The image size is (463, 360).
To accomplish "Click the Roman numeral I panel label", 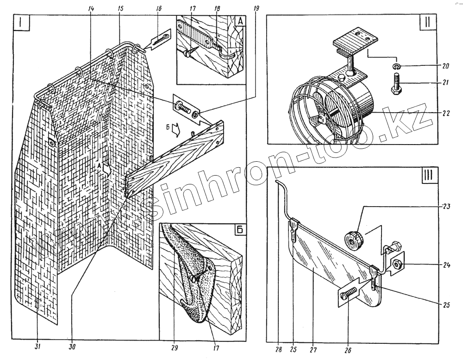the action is (x=22, y=23).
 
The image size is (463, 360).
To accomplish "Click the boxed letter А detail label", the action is (x=240, y=21).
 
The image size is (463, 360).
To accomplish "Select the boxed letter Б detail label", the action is (x=239, y=230).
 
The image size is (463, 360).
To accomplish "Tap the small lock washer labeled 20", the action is (x=397, y=66).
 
